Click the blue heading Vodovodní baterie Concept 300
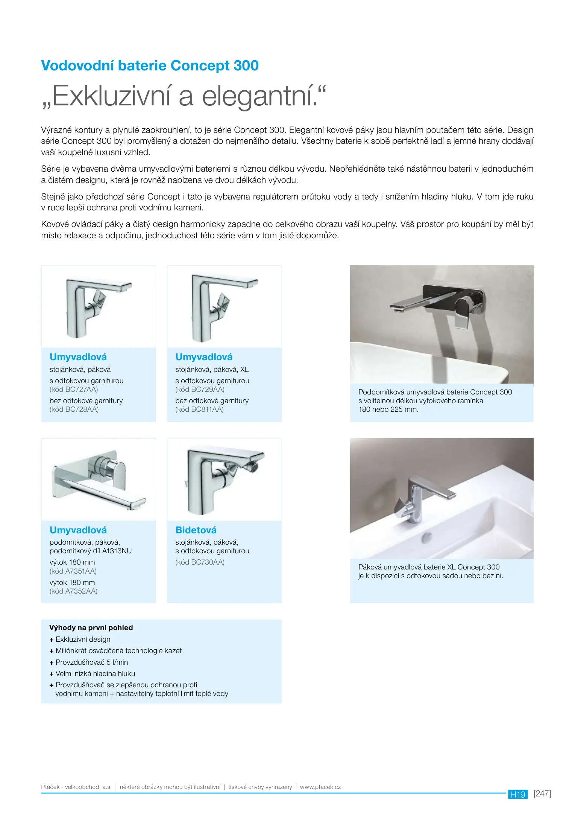pos(150,65)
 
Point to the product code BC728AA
pos(82,410)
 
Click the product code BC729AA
pos(207,390)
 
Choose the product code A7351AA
pos(80,571)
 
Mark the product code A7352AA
pos(81,591)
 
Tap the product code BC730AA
pos(207,562)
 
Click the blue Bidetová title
pos(196,530)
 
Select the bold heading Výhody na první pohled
pos(91,627)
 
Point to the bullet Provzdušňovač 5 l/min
pos(91,662)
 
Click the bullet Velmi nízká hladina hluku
pos(95,673)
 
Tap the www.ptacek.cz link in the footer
pos(320,787)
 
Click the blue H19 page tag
pos(517,795)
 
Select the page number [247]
pos(542,794)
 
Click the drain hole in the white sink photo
pos(427,537)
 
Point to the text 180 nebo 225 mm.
pos(388,410)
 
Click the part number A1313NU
pos(117,551)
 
